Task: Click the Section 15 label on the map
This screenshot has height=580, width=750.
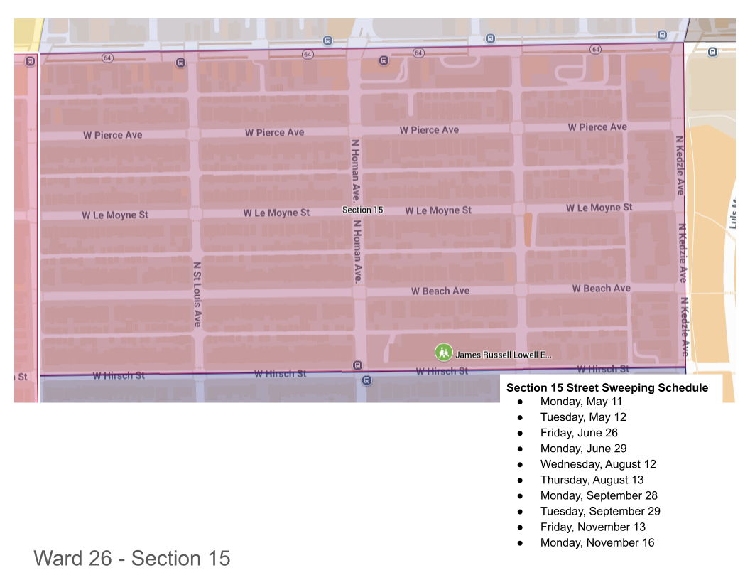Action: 362,210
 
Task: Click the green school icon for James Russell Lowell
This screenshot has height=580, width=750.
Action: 444,353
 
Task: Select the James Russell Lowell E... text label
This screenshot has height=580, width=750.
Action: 503,355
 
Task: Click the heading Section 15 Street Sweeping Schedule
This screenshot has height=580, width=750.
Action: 607,388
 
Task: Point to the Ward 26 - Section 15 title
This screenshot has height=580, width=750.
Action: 132,559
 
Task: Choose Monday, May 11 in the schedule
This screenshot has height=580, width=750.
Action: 581,402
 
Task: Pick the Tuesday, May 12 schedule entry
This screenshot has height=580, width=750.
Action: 583,417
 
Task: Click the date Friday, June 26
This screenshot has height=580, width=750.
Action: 579,433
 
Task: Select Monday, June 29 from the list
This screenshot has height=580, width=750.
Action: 583,449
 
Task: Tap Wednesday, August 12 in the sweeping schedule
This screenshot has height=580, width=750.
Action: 598,464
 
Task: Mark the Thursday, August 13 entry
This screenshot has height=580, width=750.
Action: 592,480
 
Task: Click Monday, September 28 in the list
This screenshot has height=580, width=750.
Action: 599,495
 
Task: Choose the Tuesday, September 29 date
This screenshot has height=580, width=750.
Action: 600,511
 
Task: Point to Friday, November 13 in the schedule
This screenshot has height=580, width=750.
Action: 592,527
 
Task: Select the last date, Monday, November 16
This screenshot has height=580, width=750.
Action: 597,542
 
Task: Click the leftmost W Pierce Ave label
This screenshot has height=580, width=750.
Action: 113,135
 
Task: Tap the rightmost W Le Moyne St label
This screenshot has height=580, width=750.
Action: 599,208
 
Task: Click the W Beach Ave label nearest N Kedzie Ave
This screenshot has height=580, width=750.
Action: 601,289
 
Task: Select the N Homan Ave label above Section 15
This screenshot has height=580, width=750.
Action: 355,170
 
